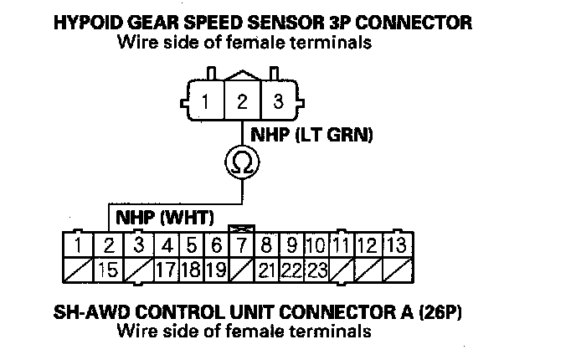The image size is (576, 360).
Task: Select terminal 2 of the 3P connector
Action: pos(240,104)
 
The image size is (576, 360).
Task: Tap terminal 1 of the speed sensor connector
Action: pos(204,104)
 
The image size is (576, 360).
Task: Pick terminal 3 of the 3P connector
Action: pos(278,104)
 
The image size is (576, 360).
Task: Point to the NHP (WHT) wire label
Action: pos(165,218)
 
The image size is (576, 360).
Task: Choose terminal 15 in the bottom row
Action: pos(106,270)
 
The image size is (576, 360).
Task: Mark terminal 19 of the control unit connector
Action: pos(216,270)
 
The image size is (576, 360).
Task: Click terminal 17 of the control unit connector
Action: pos(167,270)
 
